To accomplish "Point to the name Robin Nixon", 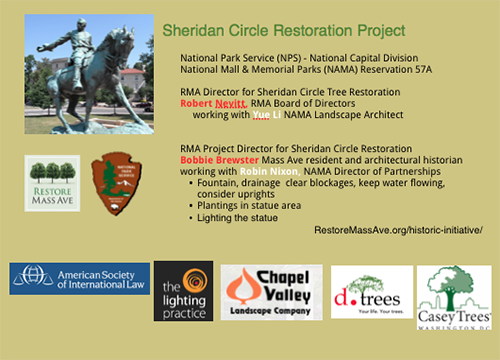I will (x=266, y=171).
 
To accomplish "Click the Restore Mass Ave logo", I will (x=52, y=183).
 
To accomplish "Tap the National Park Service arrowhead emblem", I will (x=112, y=182).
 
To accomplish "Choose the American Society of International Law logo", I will (x=79, y=279).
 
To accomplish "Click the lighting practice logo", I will (x=183, y=291).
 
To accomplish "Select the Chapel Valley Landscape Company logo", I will (x=271, y=291).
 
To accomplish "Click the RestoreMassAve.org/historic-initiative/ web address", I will (x=397, y=230).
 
